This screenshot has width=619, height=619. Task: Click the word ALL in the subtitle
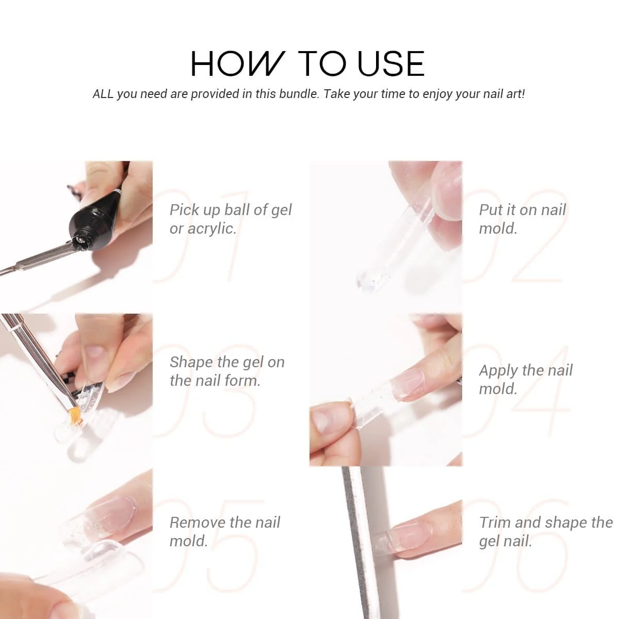click(103, 94)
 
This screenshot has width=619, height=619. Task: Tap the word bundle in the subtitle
click(298, 94)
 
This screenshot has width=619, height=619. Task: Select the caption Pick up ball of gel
click(230, 210)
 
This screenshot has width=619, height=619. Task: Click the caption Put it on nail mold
click(522, 219)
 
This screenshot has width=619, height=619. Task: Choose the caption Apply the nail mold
click(525, 379)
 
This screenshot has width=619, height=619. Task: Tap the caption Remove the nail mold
click(224, 531)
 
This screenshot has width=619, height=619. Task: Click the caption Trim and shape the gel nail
click(545, 531)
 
